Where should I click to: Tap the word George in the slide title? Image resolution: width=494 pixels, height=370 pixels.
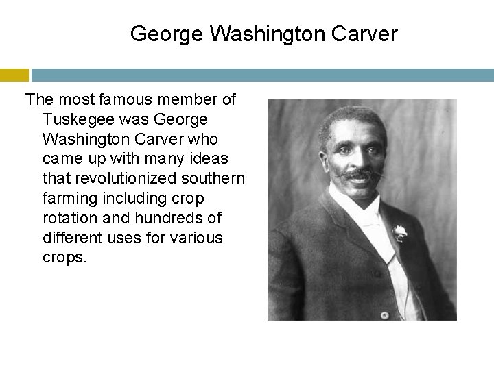click(167, 34)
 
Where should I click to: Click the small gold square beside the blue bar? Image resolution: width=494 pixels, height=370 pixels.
click(14, 75)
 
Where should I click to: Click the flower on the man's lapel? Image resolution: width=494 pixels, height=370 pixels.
click(399, 233)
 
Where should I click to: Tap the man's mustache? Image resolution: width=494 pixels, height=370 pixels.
click(358, 175)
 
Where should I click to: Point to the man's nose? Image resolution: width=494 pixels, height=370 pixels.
click(357, 161)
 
